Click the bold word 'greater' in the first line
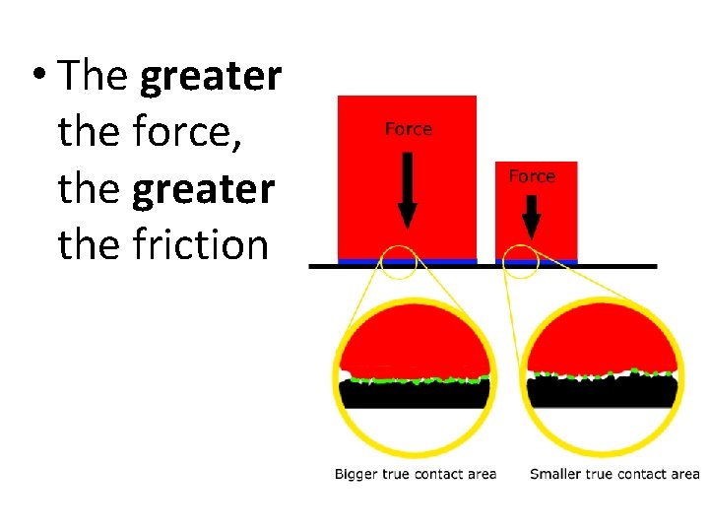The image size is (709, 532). [x=211, y=77]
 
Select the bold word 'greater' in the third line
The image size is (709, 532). [x=203, y=189]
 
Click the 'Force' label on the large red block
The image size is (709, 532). [x=408, y=129]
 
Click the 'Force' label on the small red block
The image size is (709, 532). [x=532, y=176]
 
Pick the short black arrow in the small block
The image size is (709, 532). [x=532, y=218]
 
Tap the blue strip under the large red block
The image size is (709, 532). [x=407, y=261]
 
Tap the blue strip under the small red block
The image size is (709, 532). [x=537, y=262]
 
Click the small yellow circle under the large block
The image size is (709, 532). [x=398, y=261]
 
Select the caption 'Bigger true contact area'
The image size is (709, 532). [x=415, y=475]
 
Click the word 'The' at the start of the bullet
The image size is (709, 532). [x=95, y=77]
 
